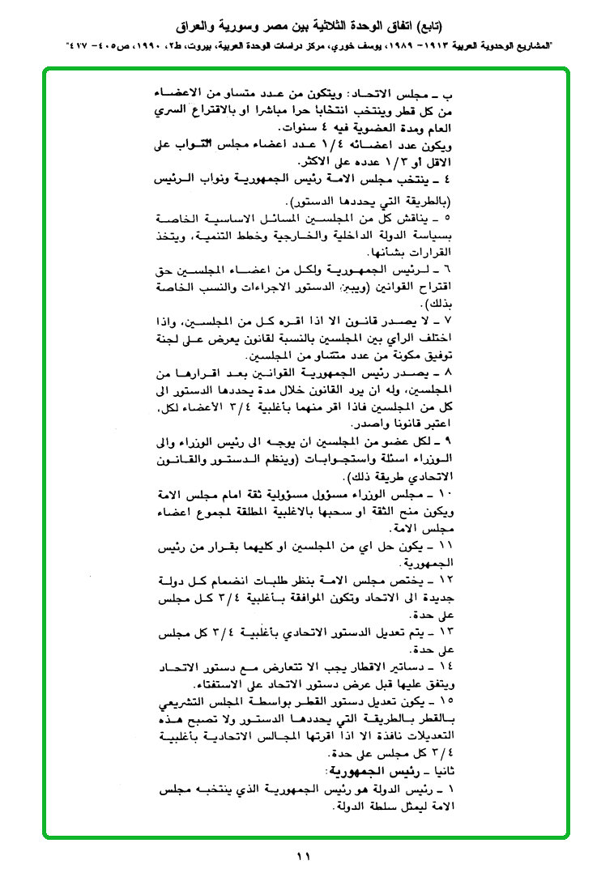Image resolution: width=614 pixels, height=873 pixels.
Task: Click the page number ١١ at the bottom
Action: click(304, 855)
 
